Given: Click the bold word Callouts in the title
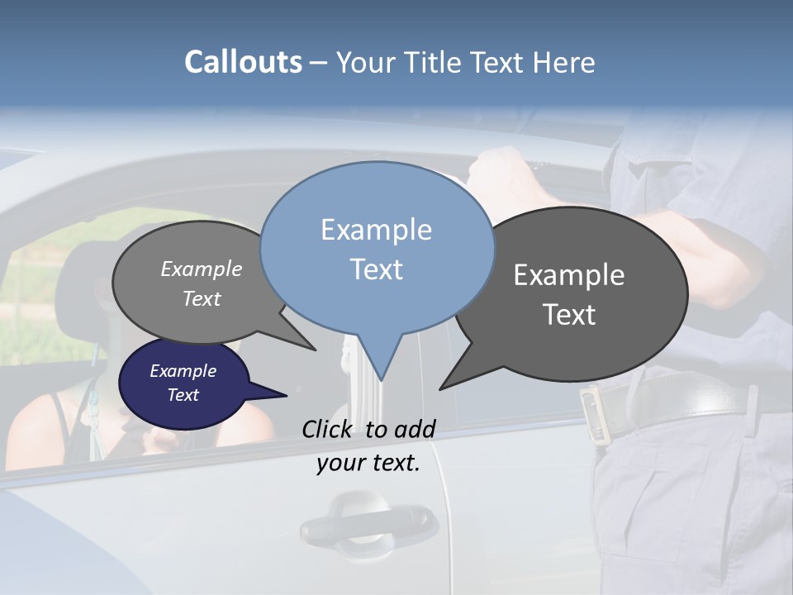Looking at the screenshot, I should [x=243, y=62].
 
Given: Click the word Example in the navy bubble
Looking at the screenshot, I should [x=183, y=371].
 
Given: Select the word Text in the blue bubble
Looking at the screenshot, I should [x=376, y=269].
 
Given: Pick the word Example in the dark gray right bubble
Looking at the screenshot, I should [x=569, y=275].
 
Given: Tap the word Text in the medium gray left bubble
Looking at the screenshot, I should [x=202, y=298].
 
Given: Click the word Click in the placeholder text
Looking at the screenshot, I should [x=329, y=429].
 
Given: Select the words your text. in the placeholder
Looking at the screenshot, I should [x=368, y=464].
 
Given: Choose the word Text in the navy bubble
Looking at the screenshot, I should [x=183, y=395].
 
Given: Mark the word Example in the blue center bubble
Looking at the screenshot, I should [x=376, y=230].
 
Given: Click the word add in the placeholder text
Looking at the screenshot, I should [x=415, y=429].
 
